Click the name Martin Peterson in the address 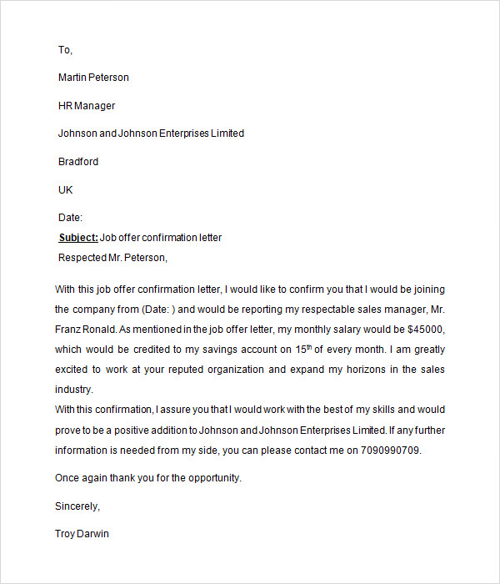93,78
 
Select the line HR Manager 87,106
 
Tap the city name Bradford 78,162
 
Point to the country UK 66,190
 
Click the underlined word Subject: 78,238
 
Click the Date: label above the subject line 70,218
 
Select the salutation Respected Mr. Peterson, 112,258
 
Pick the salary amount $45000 424,330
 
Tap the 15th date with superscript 312,349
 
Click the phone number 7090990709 392,451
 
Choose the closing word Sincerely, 77,506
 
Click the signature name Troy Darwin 82,534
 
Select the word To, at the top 66,50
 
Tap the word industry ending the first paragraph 74,390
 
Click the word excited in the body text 72,370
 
